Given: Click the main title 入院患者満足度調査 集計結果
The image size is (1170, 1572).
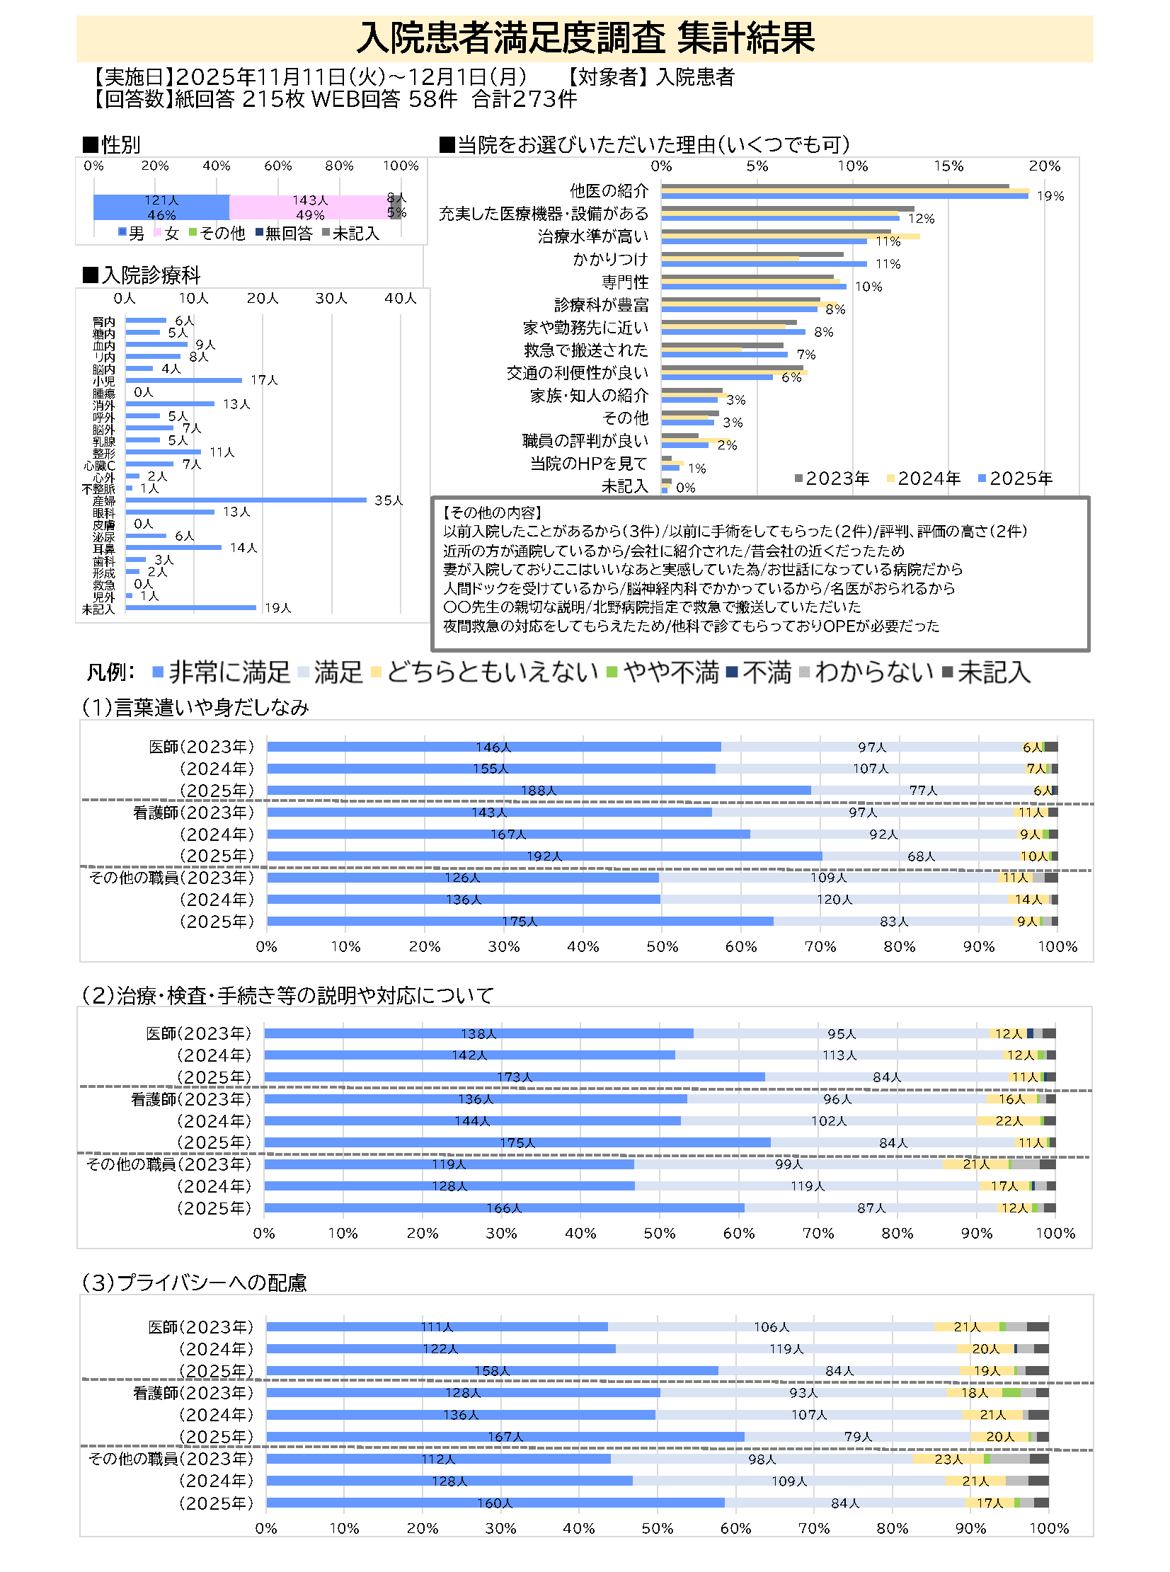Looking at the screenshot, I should click(x=585, y=38).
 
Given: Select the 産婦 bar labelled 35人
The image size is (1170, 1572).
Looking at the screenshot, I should click(x=246, y=500).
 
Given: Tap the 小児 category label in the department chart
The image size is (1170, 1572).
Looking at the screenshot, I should click(x=103, y=381).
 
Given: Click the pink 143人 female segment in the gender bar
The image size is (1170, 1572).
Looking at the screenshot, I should click(x=309, y=207).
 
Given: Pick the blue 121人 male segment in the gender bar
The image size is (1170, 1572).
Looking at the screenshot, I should click(x=161, y=207).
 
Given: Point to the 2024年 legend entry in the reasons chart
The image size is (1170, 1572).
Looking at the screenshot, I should click(x=924, y=478).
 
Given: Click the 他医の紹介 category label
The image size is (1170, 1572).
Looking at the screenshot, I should click(x=609, y=190).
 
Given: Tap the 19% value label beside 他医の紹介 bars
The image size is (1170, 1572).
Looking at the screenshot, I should click(x=1050, y=196).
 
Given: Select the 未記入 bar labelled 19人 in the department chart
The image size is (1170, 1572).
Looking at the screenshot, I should click(x=190, y=607).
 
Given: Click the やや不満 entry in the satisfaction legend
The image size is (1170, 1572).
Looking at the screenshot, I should click(x=663, y=672).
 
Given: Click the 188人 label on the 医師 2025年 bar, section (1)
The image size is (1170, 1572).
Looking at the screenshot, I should click(x=538, y=791).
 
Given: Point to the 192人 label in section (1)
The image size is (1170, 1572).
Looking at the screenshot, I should click(x=544, y=856).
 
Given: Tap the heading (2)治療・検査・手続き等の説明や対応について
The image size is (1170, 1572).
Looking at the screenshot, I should click(x=287, y=996).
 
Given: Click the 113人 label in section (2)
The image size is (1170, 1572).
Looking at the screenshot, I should click(x=839, y=1055).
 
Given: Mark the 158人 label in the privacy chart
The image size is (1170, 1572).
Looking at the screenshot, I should click(x=491, y=1371).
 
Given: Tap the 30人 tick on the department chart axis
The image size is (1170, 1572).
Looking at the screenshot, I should click(x=331, y=298).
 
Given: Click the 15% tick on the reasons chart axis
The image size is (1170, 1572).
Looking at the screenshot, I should click(x=948, y=166).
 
